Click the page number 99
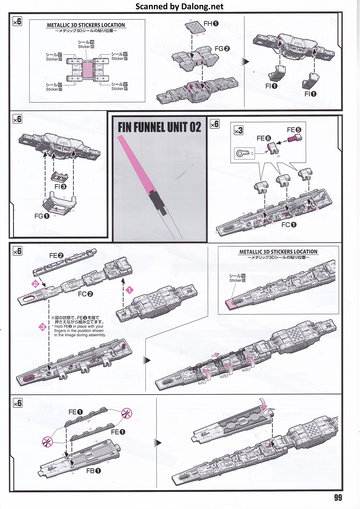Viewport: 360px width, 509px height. pos(338,497)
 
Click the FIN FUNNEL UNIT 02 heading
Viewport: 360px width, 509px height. pos(159,127)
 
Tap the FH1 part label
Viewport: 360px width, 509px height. pos(211,24)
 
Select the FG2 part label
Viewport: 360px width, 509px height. pos(222,49)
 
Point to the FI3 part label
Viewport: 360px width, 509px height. pos(60,187)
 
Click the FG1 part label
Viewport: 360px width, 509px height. pos(42,216)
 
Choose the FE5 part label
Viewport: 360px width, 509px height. pos(294,130)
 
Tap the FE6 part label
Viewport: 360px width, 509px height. pos(264,138)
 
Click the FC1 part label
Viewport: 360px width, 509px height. pos(289,225)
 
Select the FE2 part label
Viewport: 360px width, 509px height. pos(56,256)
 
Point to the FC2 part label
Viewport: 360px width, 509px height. pos(85,294)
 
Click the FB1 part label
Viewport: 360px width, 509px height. pos(93,471)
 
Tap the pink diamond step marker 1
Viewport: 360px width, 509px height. pos(129,290)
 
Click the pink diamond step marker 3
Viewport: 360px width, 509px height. pos(43,327)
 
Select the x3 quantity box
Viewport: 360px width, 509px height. pos(238,130)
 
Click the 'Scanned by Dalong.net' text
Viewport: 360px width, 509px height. pos(179,6)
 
